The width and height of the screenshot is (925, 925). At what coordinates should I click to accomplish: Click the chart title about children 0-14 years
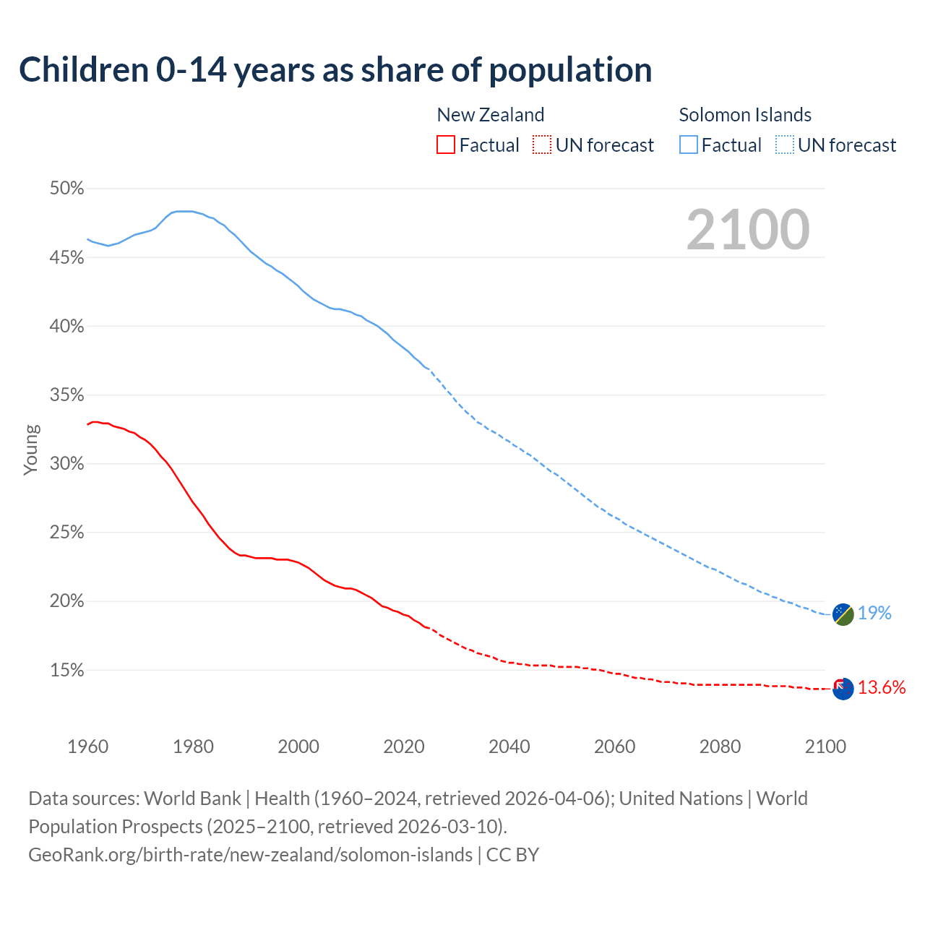[x=335, y=70]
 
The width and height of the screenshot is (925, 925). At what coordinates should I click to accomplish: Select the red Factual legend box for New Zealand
[x=446, y=145]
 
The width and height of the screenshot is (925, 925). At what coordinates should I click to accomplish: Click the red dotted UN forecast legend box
[x=542, y=145]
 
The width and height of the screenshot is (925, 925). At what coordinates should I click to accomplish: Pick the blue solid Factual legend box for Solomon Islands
[x=689, y=145]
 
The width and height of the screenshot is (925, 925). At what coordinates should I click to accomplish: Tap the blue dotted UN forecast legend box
[x=785, y=145]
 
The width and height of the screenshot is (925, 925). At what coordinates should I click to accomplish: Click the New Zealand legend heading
[x=490, y=115]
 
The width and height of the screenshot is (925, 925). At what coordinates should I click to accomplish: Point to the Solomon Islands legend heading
[x=745, y=115]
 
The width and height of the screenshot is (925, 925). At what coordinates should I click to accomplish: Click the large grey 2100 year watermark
[x=747, y=230]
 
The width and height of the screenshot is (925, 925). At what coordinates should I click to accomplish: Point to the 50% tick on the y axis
[x=66, y=189]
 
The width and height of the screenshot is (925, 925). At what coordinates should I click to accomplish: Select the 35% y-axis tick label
[x=66, y=395]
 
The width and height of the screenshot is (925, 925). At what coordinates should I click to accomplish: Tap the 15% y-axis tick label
[x=66, y=671]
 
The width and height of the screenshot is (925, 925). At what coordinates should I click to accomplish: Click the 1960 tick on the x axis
[x=87, y=747]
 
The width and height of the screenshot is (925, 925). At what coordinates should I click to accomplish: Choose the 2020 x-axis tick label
[x=404, y=747]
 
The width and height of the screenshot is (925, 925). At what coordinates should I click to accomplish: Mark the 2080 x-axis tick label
[x=720, y=747]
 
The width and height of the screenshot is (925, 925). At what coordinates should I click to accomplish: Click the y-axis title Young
[x=31, y=449]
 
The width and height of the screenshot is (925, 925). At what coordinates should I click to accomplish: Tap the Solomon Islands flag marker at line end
[x=843, y=614]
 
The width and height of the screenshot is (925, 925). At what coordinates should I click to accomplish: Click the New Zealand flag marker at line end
[x=843, y=689]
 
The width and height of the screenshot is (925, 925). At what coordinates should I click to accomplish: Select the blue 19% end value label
[x=874, y=614]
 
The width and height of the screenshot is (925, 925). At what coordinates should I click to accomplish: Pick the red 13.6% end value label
[x=882, y=688]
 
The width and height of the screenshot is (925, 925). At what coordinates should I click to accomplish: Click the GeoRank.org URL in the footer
[x=250, y=855]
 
